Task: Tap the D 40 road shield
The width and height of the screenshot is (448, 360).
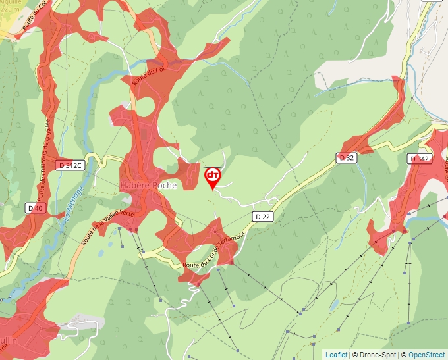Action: (x=36, y=207)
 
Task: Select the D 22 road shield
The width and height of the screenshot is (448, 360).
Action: (x=262, y=216)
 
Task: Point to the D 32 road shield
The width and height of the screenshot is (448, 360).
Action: (x=346, y=157)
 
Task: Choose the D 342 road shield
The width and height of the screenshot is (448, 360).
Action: (x=420, y=159)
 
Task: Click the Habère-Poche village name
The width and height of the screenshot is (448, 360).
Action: (x=148, y=186)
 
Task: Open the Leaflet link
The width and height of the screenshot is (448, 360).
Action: (x=336, y=355)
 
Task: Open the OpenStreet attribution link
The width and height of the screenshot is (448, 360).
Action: (x=426, y=355)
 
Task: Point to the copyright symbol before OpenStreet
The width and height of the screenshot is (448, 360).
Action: (x=403, y=355)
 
